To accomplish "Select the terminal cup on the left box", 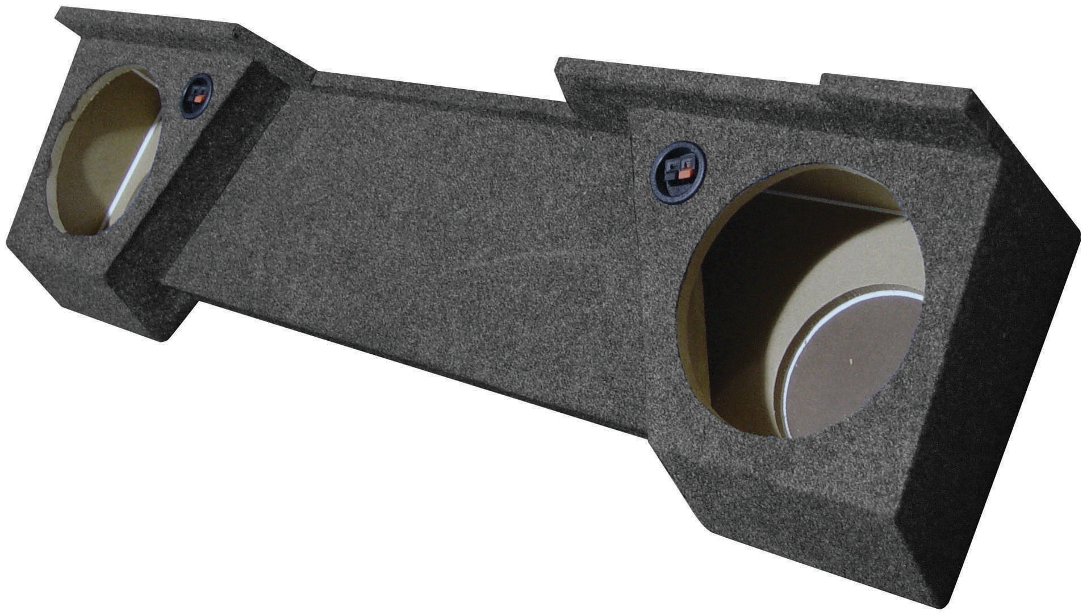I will click(x=197, y=95).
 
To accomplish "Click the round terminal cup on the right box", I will click(x=678, y=170).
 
